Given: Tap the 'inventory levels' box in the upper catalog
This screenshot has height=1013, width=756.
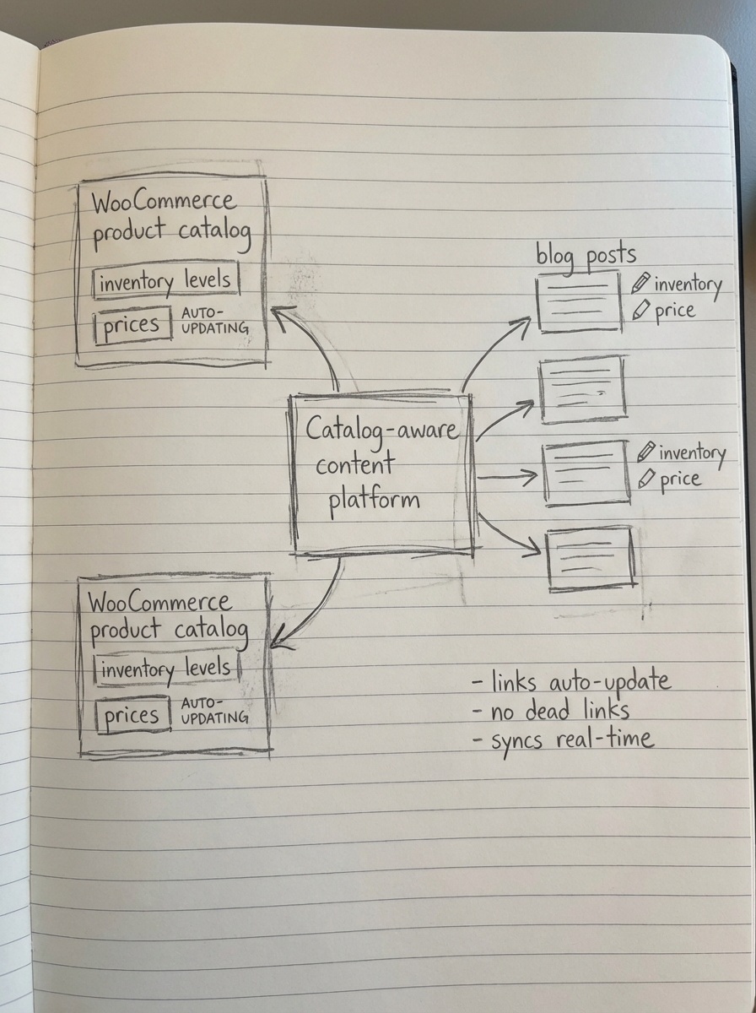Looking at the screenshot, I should point(165,281).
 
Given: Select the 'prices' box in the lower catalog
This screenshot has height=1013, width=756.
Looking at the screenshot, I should point(132,716).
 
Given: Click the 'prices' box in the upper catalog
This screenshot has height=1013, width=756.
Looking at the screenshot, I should point(132,325).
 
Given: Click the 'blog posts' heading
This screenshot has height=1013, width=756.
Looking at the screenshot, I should point(586,255).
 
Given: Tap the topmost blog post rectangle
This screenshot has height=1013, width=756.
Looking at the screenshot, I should point(579,306).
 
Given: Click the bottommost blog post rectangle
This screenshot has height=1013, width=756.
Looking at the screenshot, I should point(590,557).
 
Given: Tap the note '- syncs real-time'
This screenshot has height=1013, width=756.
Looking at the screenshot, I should point(562,740).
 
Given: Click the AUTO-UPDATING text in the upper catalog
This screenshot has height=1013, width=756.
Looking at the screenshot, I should point(214,320).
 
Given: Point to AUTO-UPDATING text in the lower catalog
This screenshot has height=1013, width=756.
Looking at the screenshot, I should point(214,710).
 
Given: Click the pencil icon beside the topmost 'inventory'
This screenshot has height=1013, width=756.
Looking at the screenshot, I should point(642,282).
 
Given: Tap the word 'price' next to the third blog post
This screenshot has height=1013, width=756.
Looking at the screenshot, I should point(680,479).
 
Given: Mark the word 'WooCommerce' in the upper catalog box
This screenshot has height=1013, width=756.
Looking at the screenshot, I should point(164,203).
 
